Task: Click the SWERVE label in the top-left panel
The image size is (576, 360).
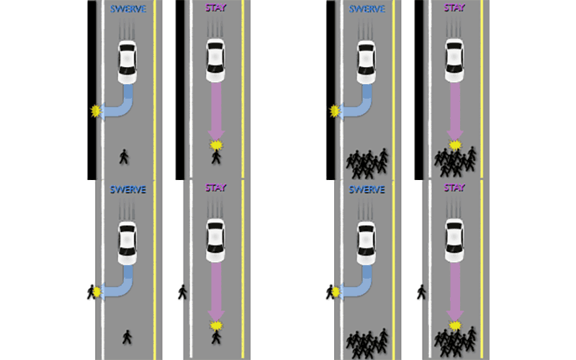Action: coord(128,9)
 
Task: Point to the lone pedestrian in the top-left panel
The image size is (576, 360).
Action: coord(124,156)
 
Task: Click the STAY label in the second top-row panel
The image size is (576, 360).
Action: coord(215,9)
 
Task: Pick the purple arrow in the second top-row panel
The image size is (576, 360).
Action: coord(215,112)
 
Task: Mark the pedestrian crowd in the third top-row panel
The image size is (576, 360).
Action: coord(367,163)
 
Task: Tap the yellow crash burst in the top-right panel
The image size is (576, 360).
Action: coord(454,146)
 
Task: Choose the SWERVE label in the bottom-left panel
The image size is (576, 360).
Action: coord(128,189)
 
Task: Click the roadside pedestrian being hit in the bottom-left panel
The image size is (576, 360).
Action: coord(91,292)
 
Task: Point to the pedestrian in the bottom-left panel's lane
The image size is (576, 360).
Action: coord(127,336)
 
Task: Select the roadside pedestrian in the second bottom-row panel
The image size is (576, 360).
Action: coord(182,292)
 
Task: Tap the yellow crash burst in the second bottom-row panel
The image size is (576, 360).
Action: coord(215,326)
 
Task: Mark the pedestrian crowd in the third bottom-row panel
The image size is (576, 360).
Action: coord(367,343)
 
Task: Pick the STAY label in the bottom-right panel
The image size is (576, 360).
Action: coord(454,189)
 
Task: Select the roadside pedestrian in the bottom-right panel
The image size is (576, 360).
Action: coord(421,292)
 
